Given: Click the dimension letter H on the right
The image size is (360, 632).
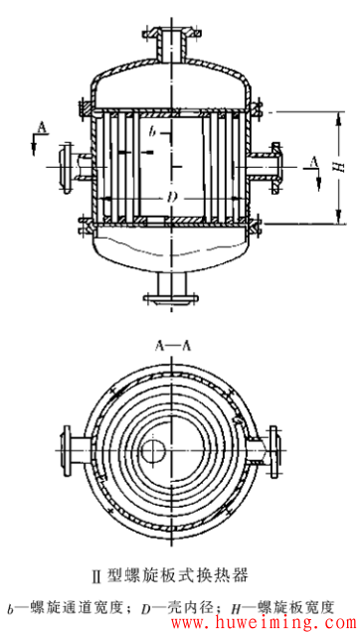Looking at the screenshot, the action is pyautogui.click(x=341, y=166).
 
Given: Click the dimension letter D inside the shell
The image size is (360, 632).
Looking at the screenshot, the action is pyautogui.click(x=172, y=198).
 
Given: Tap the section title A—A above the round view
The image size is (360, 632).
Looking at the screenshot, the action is pyautogui.click(x=172, y=346).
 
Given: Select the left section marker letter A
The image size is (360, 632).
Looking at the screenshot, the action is pyautogui.click(x=42, y=128).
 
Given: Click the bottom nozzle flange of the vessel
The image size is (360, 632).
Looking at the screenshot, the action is pyautogui.click(x=171, y=299).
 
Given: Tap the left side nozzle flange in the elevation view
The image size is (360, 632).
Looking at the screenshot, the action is pyautogui.click(x=66, y=167).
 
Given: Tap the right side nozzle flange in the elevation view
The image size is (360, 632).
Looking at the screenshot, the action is pyautogui.click(x=276, y=167).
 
